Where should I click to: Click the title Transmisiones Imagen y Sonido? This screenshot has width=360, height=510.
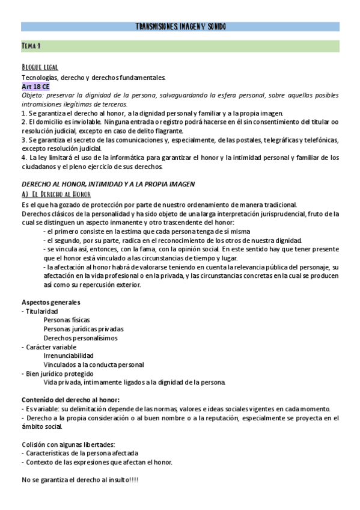[x=180, y=27]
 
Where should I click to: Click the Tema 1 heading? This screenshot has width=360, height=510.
[x=31, y=46]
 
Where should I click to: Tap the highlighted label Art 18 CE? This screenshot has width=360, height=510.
[x=35, y=87]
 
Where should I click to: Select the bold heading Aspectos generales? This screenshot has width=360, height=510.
[x=51, y=303]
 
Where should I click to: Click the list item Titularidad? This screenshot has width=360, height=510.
[x=40, y=312]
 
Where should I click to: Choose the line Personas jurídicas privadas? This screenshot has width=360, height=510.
[x=84, y=330]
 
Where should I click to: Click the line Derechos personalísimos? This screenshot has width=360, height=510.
[x=80, y=339]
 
